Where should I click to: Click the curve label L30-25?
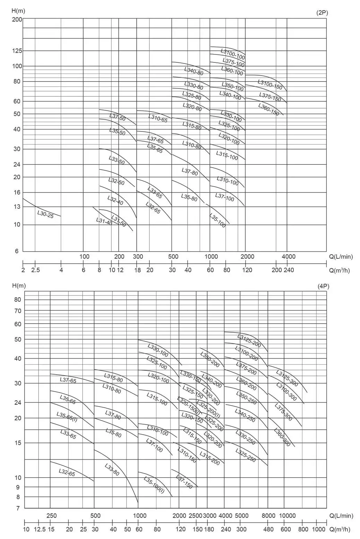click(x=45, y=214)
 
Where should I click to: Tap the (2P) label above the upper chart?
click(x=322, y=13)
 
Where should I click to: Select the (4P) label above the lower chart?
click(x=323, y=286)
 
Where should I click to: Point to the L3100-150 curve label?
click(x=270, y=84)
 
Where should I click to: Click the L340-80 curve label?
click(x=194, y=71)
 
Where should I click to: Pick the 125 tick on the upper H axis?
click(x=17, y=51)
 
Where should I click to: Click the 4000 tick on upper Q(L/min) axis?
click(x=288, y=257)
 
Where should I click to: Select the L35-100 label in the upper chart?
click(x=217, y=220)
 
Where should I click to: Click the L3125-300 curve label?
click(x=287, y=378)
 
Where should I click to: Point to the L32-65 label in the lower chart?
click(x=67, y=472)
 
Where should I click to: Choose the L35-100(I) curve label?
click(x=154, y=485)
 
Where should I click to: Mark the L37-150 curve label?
click(x=184, y=482)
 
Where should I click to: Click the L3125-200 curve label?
click(x=249, y=341)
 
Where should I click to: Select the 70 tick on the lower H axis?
click(x=17, y=311)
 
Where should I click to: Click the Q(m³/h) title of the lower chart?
click(x=340, y=529)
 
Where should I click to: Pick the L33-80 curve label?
click(x=112, y=470)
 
